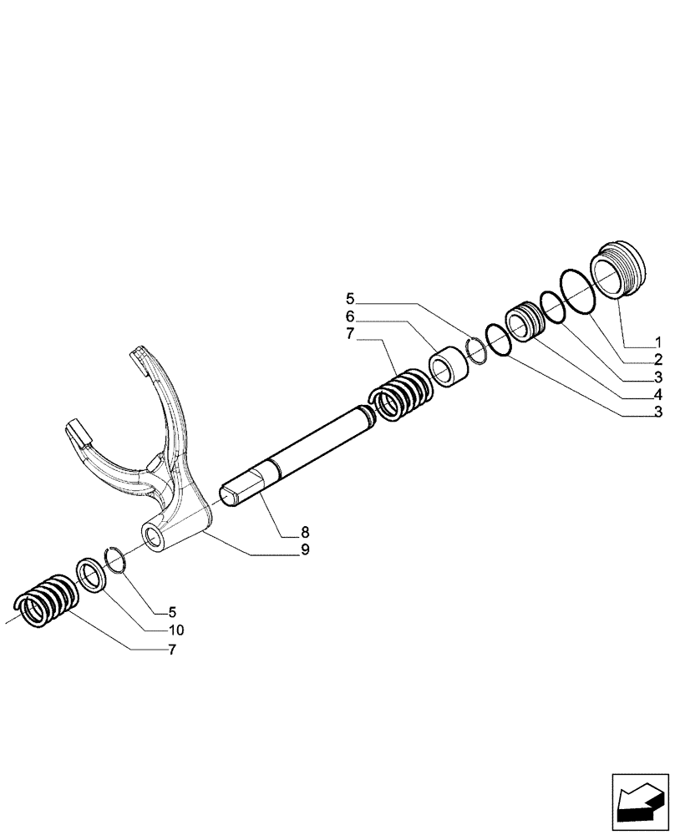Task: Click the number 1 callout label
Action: [x=658, y=343]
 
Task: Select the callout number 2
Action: [x=658, y=360]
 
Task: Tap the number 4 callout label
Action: [x=658, y=394]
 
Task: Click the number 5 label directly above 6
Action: [x=350, y=298]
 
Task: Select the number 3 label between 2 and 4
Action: [x=658, y=377]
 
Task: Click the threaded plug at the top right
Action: [x=617, y=267]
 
